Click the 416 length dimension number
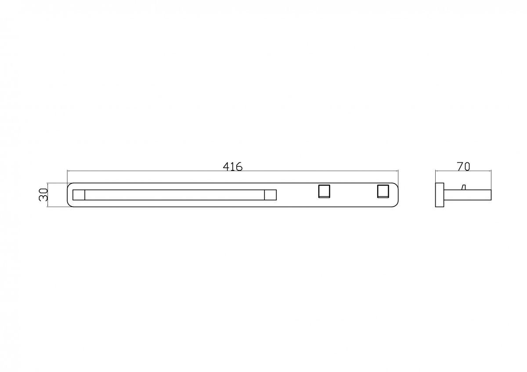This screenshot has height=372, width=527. pyautogui.click(x=232, y=166)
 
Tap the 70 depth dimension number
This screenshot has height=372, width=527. pyautogui.click(x=463, y=166)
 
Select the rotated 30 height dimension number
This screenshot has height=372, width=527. pyautogui.click(x=43, y=195)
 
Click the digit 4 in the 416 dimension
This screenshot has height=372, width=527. pyautogui.click(x=226, y=166)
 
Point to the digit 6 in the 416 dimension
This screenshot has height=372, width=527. pyautogui.click(x=239, y=166)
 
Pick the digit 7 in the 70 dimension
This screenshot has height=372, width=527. pyautogui.click(x=460, y=166)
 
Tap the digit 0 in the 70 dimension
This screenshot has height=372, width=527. pyautogui.click(x=467, y=166)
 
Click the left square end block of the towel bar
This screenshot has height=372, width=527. pyautogui.click(x=79, y=195)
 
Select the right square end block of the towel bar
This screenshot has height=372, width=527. pyautogui.click(x=271, y=195)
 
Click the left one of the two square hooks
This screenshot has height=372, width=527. pyautogui.click(x=324, y=191)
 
